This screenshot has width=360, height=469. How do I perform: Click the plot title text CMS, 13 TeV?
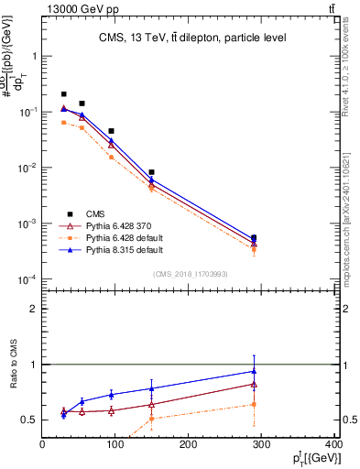click(192, 38)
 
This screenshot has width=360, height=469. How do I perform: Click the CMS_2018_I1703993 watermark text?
click(191, 273)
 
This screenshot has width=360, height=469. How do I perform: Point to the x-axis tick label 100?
click(115, 445)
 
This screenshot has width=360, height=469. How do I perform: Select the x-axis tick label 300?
click(262, 445)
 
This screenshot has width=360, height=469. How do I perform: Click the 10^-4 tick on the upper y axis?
click(27, 279)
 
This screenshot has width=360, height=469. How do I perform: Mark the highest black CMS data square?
click(63, 94)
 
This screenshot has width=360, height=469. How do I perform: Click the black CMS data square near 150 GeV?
click(151, 172)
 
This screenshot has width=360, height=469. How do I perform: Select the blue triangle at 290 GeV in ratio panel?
click(254, 371)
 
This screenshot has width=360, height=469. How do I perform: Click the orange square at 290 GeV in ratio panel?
click(254, 404)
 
